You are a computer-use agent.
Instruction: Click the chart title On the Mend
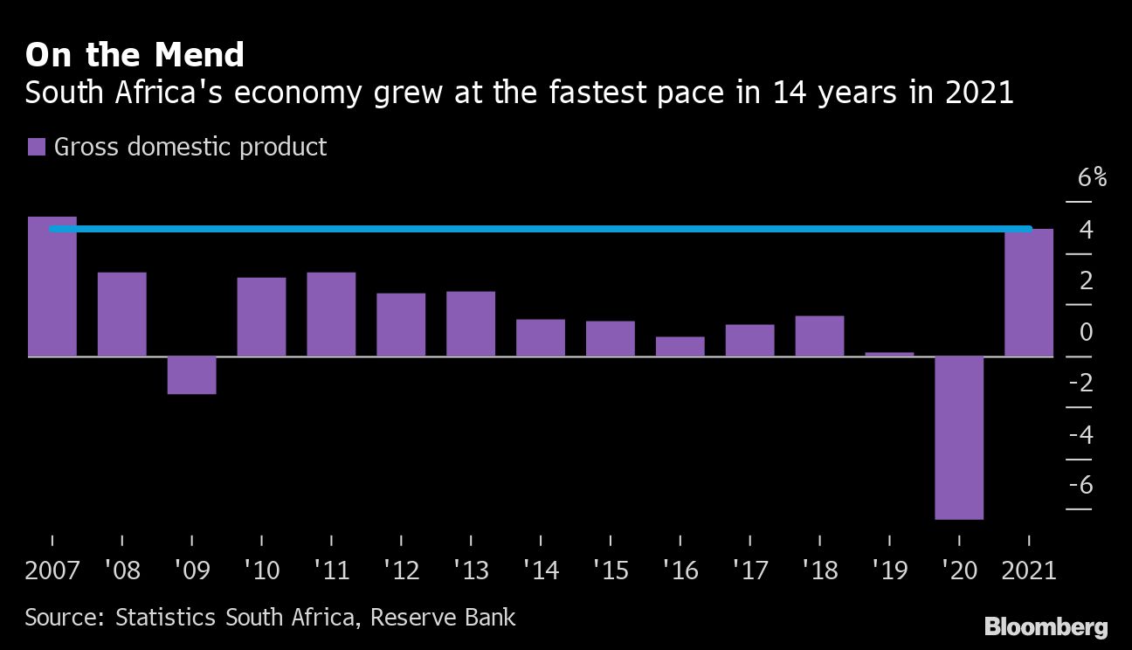pyautogui.click(x=135, y=55)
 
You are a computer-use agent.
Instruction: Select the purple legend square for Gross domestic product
pyautogui.click(x=36, y=147)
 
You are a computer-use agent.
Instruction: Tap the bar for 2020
pyautogui.click(x=959, y=437)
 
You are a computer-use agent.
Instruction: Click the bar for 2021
pyautogui.click(x=1029, y=294)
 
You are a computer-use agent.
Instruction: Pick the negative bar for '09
pyautogui.click(x=191, y=375)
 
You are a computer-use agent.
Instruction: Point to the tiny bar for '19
pyautogui.click(x=889, y=354)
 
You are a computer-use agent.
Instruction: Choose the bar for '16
pyautogui.click(x=680, y=347)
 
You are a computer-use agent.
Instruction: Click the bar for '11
pyautogui.click(x=331, y=315)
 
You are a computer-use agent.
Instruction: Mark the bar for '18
pyautogui.click(x=819, y=336)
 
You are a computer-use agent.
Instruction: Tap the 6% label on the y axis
pyautogui.click(x=1092, y=178)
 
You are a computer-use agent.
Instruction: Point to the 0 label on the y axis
pyautogui.click(x=1086, y=332)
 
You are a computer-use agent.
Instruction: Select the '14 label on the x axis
pyautogui.click(x=541, y=570)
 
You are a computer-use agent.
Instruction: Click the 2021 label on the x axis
pyautogui.click(x=1028, y=570)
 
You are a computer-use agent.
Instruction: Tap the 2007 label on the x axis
pyautogui.click(x=52, y=570)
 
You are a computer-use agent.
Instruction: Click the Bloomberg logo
pyautogui.click(x=1046, y=626)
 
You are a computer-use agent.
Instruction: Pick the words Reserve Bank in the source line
pyautogui.click(x=443, y=618)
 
